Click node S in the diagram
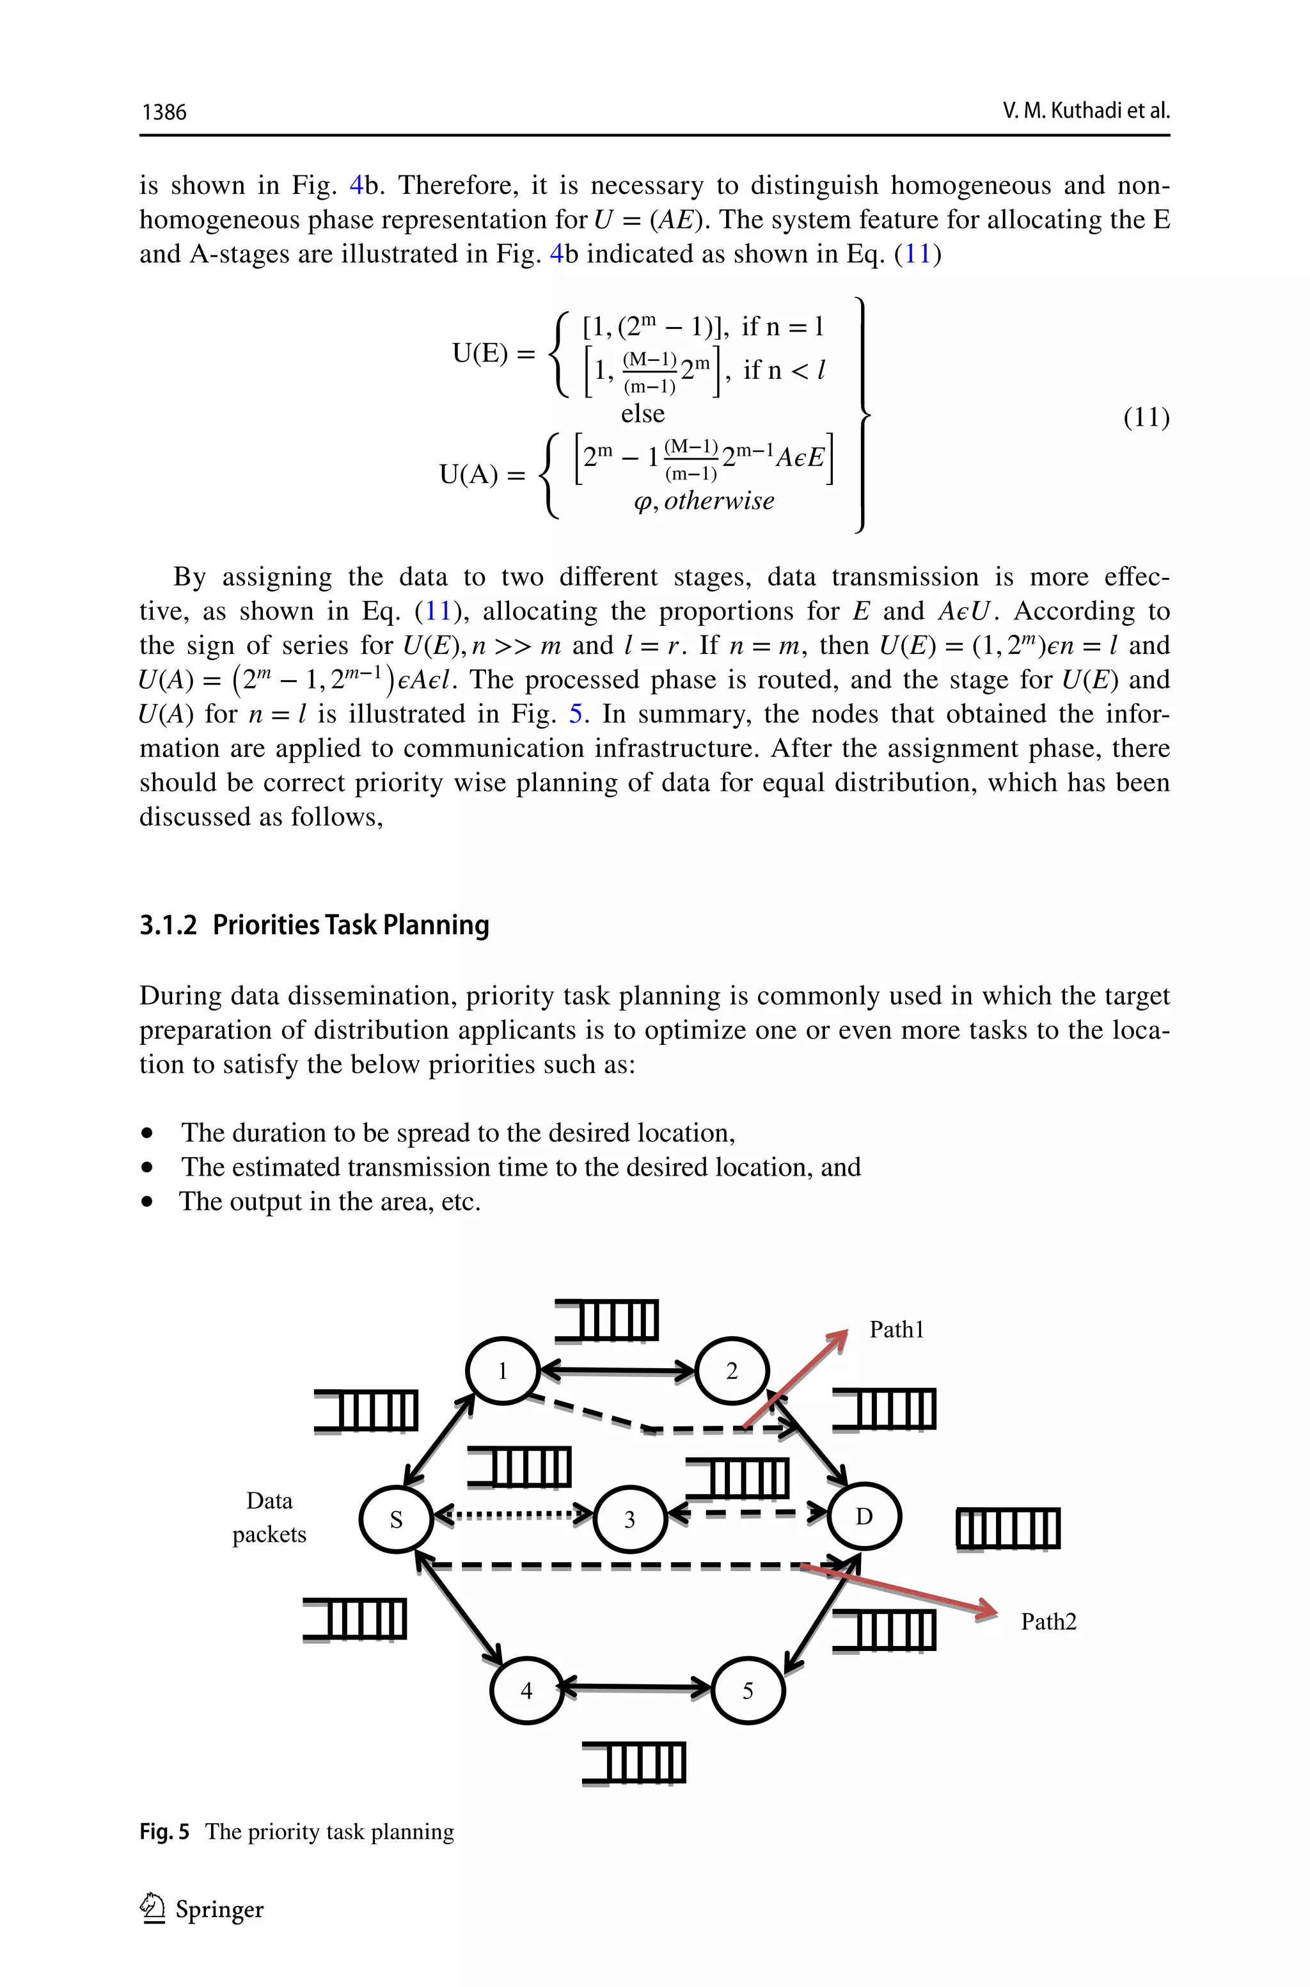(x=396, y=1519)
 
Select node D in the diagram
(x=864, y=1517)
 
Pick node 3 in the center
(x=629, y=1519)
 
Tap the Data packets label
(x=269, y=1517)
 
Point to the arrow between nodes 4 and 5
(x=636, y=1688)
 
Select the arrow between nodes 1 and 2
(x=617, y=1370)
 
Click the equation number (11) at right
(x=1146, y=417)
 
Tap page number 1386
(x=164, y=112)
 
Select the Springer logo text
(x=219, y=1910)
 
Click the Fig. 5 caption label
(x=164, y=1832)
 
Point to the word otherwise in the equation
(x=718, y=500)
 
